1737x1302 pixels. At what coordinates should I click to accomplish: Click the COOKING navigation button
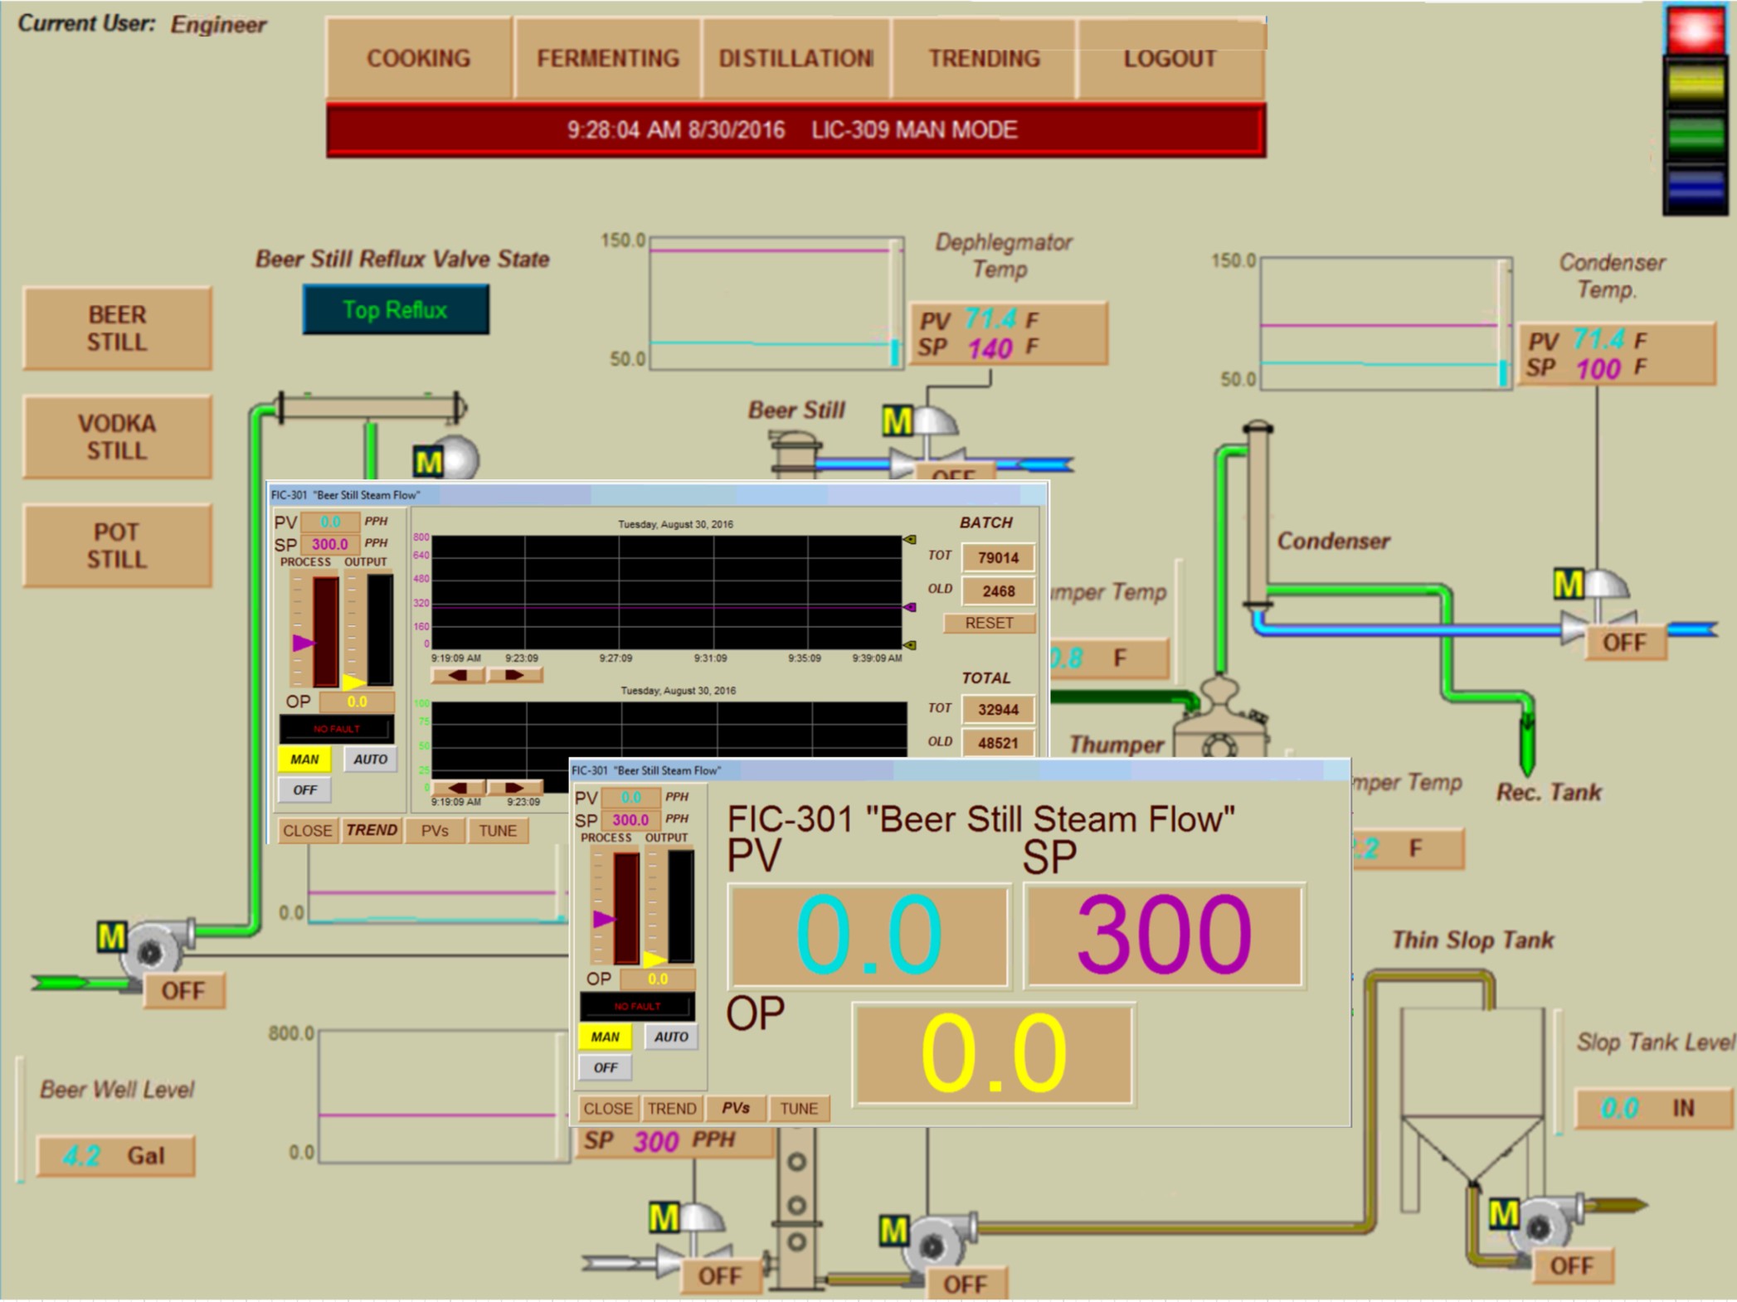tap(418, 58)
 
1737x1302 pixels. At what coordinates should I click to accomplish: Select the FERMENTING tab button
tap(607, 58)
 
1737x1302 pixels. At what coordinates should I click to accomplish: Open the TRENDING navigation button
tap(984, 58)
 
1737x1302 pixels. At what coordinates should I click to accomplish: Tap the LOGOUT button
tap(1170, 58)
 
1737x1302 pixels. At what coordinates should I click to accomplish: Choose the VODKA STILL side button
tap(117, 437)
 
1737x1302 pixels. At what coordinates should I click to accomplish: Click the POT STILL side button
tap(117, 546)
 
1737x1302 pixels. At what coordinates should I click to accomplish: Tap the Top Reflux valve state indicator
tap(396, 310)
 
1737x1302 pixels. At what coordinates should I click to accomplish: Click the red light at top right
tap(1696, 30)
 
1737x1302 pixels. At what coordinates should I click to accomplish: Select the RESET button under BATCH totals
tap(989, 623)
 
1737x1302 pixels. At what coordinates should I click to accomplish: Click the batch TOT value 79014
tap(998, 557)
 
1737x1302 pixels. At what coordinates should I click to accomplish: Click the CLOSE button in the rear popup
tap(307, 830)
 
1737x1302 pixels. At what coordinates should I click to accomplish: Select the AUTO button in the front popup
tap(671, 1037)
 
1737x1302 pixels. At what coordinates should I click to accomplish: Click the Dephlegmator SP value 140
tap(990, 348)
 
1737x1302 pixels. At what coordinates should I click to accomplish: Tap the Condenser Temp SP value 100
tap(1598, 368)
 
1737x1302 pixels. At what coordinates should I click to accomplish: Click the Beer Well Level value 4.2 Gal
tap(115, 1155)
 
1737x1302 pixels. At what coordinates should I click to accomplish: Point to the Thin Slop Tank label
tap(1472, 940)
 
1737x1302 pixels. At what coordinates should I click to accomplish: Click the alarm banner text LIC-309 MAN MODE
tap(914, 130)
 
